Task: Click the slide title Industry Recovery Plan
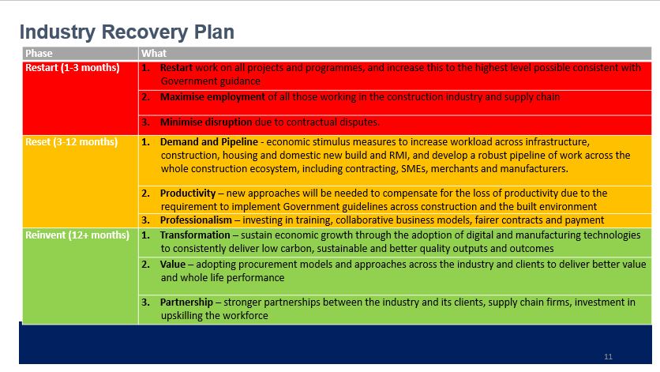click(x=126, y=32)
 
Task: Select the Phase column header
click(x=39, y=53)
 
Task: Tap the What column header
click(x=154, y=53)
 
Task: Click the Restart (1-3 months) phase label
click(x=72, y=68)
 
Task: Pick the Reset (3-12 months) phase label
click(x=71, y=142)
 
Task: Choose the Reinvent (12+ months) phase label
click(x=77, y=235)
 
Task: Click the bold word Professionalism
click(x=196, y=220)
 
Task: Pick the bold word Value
click(x=173, y=264)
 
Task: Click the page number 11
click(x=608, y=356)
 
